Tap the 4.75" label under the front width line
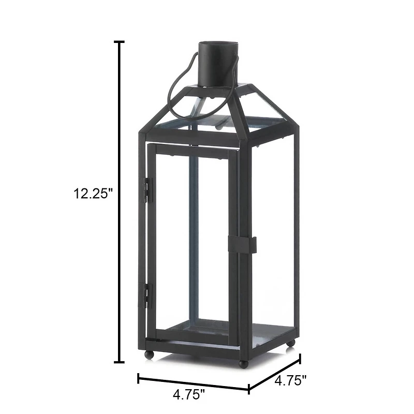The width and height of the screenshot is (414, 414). (189, 394)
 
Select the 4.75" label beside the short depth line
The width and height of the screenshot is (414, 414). (290, 381)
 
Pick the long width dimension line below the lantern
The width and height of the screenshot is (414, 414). (194, 383)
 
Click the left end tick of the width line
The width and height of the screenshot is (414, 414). (138, 378)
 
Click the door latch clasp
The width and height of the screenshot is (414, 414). (242, 245)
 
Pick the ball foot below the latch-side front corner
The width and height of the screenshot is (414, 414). (243, 363)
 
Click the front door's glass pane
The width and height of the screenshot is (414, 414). (191, 243)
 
